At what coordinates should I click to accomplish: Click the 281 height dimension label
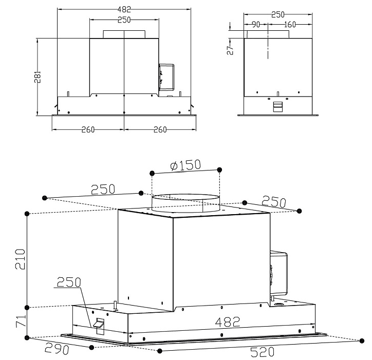[38, 77]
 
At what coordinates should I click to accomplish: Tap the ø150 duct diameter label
[185, 165]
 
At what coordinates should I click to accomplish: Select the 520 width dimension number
[262, 352]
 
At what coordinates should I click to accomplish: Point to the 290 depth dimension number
[57, 348]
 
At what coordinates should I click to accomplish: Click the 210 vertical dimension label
[20, 259]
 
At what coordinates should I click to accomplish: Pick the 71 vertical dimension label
[21, 321]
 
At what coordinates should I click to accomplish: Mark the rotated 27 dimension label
[230, 50]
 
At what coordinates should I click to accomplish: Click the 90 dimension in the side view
[256, 25]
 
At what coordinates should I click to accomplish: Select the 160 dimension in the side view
[290, 25]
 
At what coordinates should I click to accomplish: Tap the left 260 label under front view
[88, 129]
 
